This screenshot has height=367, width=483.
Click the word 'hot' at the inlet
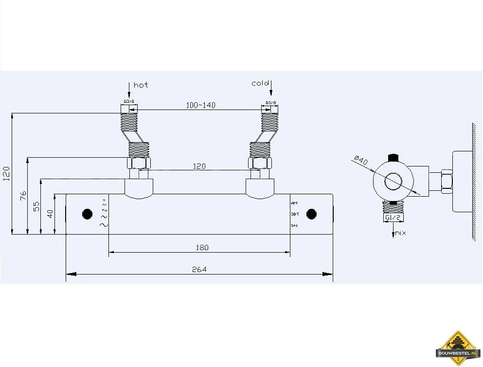click(x=141, y=85)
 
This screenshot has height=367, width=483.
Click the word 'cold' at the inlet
click(x=260, y=83)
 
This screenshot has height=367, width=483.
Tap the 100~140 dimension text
click(x=200, y=105)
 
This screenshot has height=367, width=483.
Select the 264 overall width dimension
click(x=199, y=269)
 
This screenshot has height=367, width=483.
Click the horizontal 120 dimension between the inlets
click(x=199, y=166)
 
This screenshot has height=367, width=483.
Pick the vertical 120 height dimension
click(x=6, y=173)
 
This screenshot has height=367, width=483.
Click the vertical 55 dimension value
click(x=36, y=206)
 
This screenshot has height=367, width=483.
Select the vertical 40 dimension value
click(x=50, y=214)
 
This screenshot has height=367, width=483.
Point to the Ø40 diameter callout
click(x=361, y=160)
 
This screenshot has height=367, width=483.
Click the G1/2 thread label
click(x=393, y=218)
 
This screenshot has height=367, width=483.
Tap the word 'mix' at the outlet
click(x=400, y=233)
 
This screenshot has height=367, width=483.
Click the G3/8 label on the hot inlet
click(x=129, y=102)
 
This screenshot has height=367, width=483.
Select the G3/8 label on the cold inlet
click(x=271, y=103)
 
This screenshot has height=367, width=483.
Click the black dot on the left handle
click(x=88, y=214)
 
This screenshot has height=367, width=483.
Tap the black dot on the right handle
click(x=311, y=214)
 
